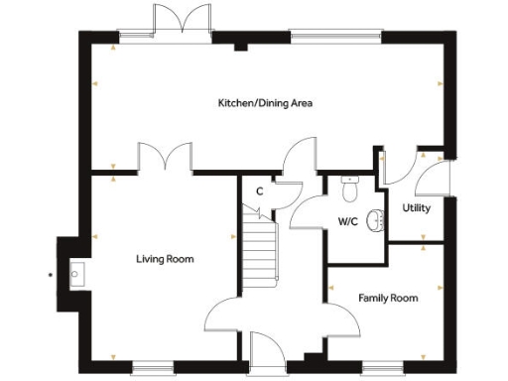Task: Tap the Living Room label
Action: (x=165, y=259)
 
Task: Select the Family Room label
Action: (x=388, y=298)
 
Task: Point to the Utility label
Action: (x=416, y=208)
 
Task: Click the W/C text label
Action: (x=347, y=221)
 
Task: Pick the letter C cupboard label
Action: (x=259, y=191)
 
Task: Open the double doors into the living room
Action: (x=165, y=159)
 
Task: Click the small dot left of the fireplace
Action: (x=49, y=273)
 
